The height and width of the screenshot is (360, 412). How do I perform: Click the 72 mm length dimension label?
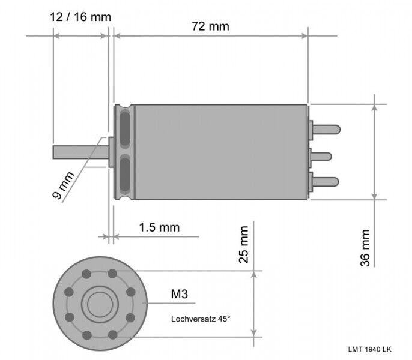pyautogui.click(x=210, y=26)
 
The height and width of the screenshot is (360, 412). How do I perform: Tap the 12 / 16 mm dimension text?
pyautogui.click(x=80, y=17)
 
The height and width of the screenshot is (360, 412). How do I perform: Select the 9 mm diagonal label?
pyautogui.click(x=63, y=185)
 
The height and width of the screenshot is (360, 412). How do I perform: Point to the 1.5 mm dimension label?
pyautogui.click(x=159, y=227)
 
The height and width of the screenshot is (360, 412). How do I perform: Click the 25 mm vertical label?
pyautogui.click(x=244, y=244)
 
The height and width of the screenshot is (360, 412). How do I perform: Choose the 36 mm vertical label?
pyautogui.click(x=365, y=248)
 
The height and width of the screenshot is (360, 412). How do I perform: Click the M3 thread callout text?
pyautogui.click(x=179, y=294)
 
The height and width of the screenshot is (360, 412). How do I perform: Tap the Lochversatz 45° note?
pyautogui.click(x=201, y=319)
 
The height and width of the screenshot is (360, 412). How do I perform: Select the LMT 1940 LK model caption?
pyautogui.click(x=369, y=349)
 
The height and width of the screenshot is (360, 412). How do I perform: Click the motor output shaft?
pyautogui.click(x=80, y=152)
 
